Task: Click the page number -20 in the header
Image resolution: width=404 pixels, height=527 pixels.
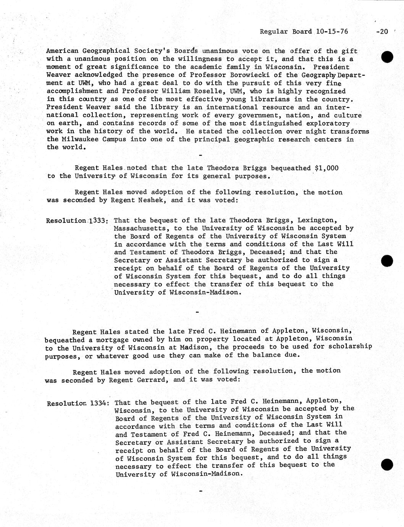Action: (x=381, y=32)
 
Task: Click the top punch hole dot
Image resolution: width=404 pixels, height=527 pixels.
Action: (x=387, y=56)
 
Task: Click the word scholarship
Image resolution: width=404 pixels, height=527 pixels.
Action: (x=351, y=346)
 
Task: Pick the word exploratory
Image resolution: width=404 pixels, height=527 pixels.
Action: (x=325, y=123)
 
